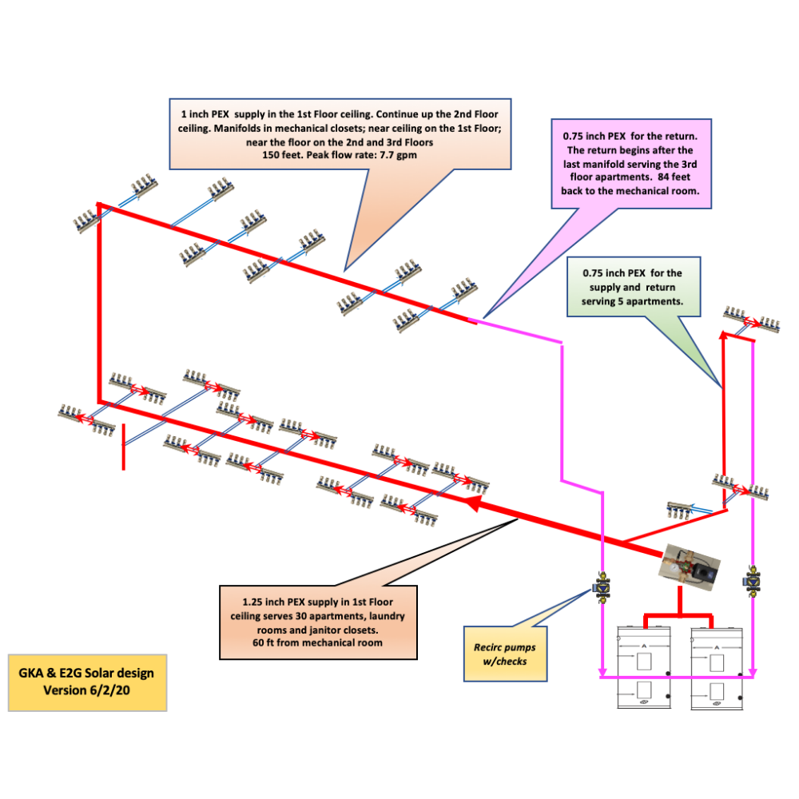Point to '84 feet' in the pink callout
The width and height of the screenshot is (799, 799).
(681, 178)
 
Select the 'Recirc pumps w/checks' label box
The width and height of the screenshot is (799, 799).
(507, 654)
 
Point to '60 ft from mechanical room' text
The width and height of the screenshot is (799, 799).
(318, 642)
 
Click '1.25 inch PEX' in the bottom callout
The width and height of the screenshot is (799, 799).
(281, 600)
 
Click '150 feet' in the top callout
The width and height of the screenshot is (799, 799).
(284, 155)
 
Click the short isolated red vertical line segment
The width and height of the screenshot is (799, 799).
(123, 447)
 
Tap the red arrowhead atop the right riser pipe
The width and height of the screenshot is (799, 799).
(724, 336)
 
